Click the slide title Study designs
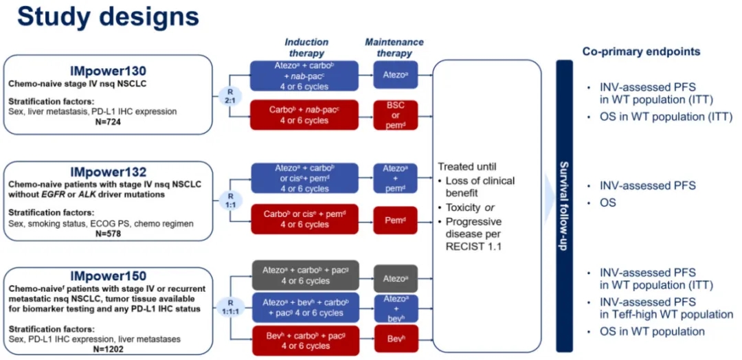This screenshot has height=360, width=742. [108, 16]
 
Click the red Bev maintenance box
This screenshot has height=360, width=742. [395, 339]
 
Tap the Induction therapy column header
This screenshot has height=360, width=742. [306, 47]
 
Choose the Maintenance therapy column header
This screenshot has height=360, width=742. [394, 47]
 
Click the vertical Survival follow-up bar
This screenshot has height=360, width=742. [564, 205]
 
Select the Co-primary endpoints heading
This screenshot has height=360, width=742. [641, 52]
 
